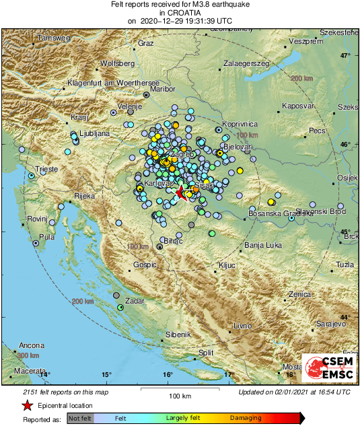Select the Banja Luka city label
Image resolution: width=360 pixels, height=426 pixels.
pyautogui.click(x=261, y=245)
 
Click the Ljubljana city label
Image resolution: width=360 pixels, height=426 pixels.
pyautogui.click(x=94, y=134)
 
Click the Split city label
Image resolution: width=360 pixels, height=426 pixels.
pyautogui.click(x=206, y=352)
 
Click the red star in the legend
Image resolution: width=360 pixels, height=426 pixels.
pyautogui.click(x=28, y=406)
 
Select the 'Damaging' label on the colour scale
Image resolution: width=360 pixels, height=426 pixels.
pyautogui.click(x=246, y=419)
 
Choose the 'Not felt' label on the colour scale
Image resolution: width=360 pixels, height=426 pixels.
pyautogui.click(x=80, y=419)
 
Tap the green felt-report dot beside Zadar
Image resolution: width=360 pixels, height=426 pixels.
pyautogui.click(x=120, y=307)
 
